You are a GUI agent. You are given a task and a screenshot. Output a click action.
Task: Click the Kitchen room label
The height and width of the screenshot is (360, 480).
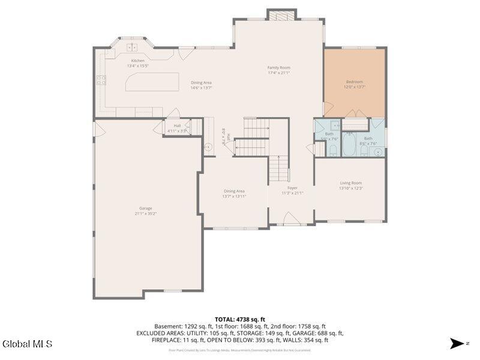[x=138, y=61]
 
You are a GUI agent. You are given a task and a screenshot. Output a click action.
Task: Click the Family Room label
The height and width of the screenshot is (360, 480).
[x=278, y=68]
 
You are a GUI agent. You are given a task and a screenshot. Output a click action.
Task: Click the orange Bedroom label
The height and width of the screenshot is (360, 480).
[x=354, y=82]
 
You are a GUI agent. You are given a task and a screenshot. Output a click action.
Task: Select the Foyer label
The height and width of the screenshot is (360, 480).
[x=292, y=188]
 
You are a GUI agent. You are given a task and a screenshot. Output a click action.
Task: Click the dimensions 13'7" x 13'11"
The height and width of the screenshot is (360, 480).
[x=234, y=196]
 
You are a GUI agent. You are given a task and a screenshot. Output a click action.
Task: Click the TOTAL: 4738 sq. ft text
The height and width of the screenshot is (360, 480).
[x=240, y=319]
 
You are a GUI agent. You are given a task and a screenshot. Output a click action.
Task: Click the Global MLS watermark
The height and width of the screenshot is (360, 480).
[x=27, y=344]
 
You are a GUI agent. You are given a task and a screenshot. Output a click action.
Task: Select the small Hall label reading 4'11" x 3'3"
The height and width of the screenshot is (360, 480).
[x=177, y=128]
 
